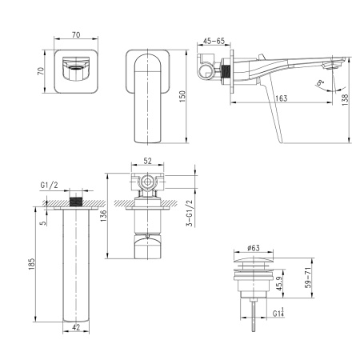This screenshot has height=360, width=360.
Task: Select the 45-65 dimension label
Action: (214, 39)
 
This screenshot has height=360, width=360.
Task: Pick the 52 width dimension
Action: (147, 161)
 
